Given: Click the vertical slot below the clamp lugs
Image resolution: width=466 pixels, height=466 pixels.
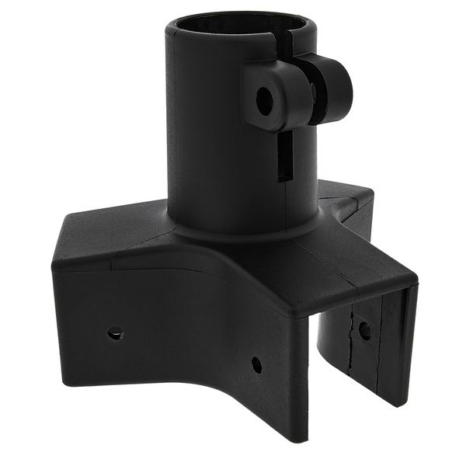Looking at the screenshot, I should [285, 155].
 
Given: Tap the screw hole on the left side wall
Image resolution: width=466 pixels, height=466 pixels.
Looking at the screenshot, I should [115, 332].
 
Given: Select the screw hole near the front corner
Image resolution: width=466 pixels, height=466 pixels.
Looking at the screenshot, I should [256, 364].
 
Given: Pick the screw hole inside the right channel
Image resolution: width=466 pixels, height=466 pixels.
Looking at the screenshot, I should [363, 329].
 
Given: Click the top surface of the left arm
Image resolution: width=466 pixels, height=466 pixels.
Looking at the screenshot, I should [109, 241].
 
